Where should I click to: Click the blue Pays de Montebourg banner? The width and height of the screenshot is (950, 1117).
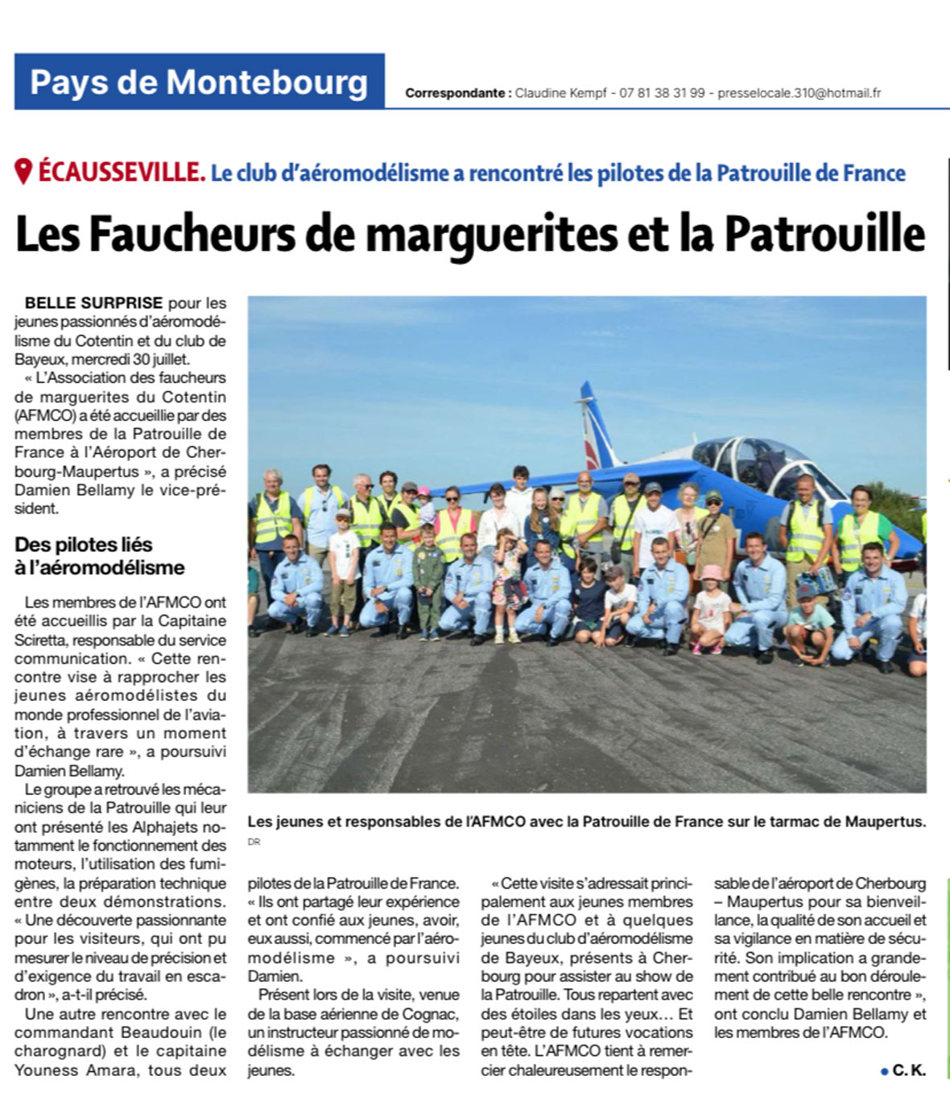[199, 82]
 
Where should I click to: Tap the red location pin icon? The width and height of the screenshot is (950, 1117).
[23, 171]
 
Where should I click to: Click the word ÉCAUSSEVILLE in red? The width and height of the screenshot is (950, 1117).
[122, 172]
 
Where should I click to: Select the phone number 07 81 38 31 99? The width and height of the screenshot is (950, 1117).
[662, 93]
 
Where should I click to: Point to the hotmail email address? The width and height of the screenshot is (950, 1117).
[799, 93]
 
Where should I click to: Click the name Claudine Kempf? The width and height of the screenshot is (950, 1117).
[560, 93]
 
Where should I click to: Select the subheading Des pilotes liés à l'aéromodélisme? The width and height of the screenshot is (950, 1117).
[99, 556]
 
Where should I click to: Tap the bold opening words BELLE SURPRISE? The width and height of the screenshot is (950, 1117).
[93, 303]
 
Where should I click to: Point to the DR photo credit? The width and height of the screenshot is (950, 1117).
[254, 842]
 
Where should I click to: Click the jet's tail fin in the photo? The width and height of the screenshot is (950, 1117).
[596, 427]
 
